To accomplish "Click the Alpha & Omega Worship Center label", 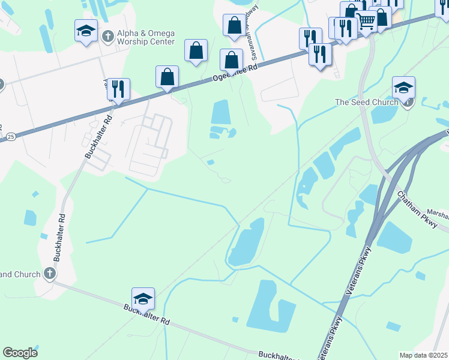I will tap(146, 38).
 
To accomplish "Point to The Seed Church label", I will tap(367, 102).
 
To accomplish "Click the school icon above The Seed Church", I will tap(404, 88).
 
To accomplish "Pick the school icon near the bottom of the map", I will tap(143, 298).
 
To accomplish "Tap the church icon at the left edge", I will tap(50, 274).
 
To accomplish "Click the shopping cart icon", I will tap(366, 22).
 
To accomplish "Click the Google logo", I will tap(20, 353).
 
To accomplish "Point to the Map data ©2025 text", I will tap(423, 355).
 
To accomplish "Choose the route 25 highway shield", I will tap(11, 137).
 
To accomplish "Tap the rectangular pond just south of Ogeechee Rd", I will tap(221, 112).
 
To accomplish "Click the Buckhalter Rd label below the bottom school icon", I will tap(146, 314).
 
